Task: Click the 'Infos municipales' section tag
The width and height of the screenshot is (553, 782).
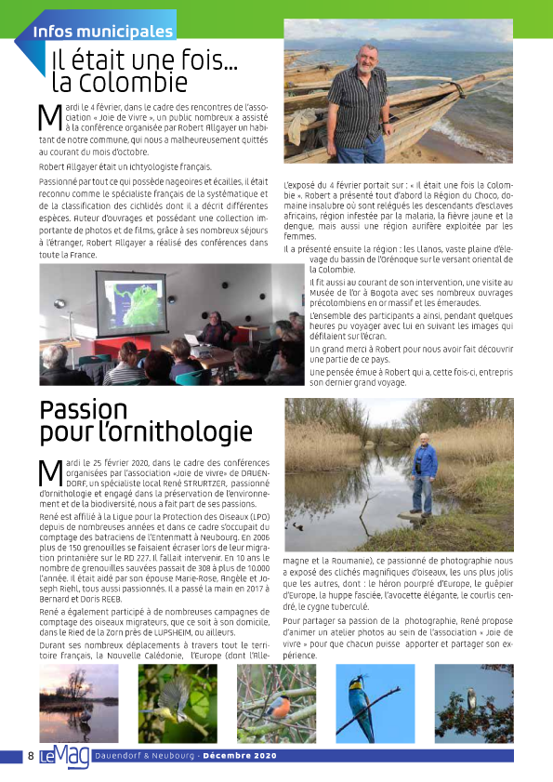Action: pos(102,32)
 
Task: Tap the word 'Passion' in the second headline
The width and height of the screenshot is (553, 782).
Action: pos(84,410)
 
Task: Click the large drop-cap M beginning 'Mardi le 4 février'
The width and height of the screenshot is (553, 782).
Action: pos(49,118)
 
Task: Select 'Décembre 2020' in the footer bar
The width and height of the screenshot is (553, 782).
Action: pos(242,756)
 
